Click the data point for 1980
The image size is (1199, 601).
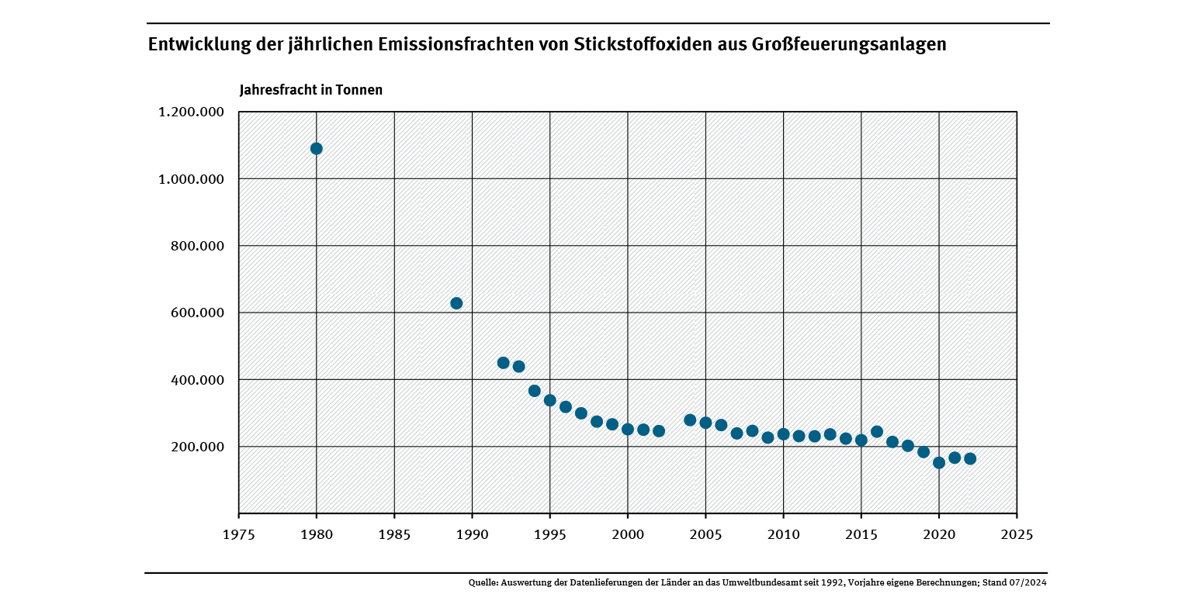(316, 148)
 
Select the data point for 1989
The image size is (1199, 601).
(456, 303)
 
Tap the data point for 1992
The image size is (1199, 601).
(503, 363)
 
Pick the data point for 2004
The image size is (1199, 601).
(690, 420)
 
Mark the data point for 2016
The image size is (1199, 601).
(877, 432)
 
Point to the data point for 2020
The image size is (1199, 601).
(939, 463)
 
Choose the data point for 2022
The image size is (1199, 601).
(970, 459)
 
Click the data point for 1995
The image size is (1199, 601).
(549, 401)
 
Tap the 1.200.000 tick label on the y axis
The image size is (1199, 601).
(191, 112)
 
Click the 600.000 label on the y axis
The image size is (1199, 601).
(196, 313)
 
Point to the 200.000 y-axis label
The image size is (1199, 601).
(196, 447)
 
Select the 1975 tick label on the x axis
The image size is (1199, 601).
(238, 535)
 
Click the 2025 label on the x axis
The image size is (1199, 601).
(1017, 535)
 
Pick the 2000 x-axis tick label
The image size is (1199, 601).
(628, 535)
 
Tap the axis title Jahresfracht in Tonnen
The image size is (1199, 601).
(310, 90)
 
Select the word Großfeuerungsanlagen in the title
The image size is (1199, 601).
(849, 44)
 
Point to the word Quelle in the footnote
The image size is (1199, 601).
(483, 582)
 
